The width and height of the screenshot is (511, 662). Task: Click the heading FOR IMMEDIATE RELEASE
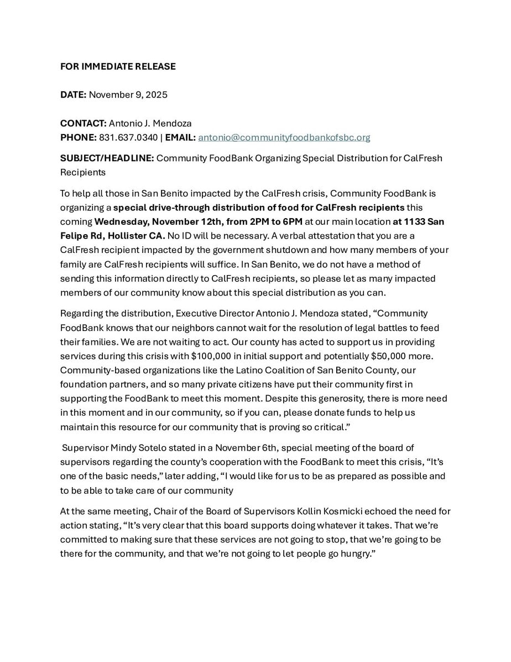tap(118, 66)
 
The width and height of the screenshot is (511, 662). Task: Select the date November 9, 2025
tap(128, 95)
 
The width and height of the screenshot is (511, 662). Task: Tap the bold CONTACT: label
tap(83, 123)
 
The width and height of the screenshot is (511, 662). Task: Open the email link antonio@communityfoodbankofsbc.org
tap(284, 137)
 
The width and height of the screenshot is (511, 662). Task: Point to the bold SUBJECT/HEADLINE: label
tap(107, 158)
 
